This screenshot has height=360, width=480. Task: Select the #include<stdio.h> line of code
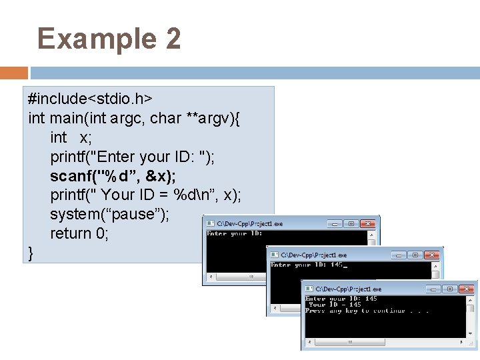click(91, 99)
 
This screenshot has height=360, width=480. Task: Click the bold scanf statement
click(113, 176)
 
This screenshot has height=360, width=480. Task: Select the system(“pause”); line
click(109, 214)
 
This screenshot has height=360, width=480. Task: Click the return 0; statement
click(79, 233)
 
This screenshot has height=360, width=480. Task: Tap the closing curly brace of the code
click(31, 253)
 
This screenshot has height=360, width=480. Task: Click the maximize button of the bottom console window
click(450, 289)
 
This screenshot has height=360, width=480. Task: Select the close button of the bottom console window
click(466, 289)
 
